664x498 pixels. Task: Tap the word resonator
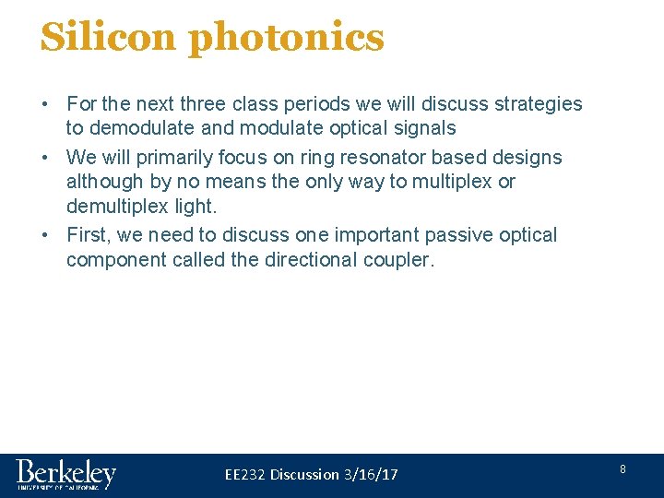[387, 158]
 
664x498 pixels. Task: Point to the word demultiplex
[120, 206]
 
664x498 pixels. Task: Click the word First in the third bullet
[88, 235]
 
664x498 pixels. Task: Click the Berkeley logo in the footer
[65, 475]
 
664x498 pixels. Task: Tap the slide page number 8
[622, 469]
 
